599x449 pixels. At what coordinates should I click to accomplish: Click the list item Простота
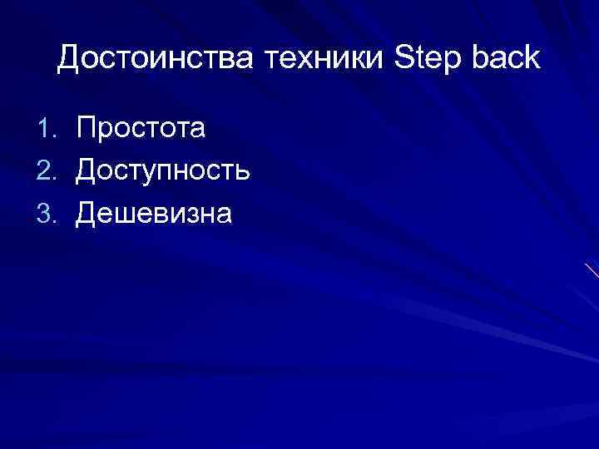141,128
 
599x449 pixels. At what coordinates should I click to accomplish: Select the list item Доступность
163,171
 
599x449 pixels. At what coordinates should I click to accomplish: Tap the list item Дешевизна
154,214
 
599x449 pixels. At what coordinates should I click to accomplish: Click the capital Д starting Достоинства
69,58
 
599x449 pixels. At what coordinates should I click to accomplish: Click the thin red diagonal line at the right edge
592,270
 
